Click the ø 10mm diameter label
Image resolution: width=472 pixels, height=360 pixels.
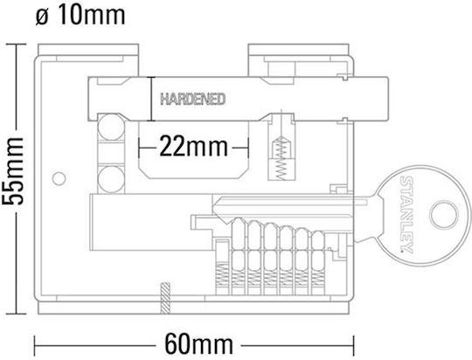[x=80, y=16]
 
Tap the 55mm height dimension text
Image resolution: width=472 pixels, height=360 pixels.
[x=12, y=171]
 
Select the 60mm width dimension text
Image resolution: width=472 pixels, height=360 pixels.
[x=198, y=345]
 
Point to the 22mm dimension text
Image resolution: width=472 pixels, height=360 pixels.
[x=193, y=147]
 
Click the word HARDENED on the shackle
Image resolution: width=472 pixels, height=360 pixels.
[x=193, y=99]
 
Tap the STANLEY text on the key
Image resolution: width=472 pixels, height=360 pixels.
[x=407, y=214]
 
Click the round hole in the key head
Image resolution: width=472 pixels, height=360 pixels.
[x=443, y=214]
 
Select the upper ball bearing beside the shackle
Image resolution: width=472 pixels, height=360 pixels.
[x=111, y=127]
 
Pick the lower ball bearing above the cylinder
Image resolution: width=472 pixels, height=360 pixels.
[x=111, y=179]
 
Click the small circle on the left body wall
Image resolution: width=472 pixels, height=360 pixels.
[x=59, y=179]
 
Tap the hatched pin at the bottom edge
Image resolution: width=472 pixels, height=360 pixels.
[x=165, y=299]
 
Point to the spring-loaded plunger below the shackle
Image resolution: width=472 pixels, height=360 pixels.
[x=281, y=160]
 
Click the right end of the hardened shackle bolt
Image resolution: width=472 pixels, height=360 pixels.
[x=388, y=99]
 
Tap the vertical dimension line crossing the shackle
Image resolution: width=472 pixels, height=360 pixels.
[x=150, y=99]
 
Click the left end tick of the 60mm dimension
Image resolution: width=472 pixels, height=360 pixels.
[x=35, y=345]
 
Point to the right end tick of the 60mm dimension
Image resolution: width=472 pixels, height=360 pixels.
[x=353, y=345]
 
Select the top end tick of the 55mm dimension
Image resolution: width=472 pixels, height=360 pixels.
[x=17, y=45]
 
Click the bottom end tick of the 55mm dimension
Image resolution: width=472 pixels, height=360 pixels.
[x=17, y=314]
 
